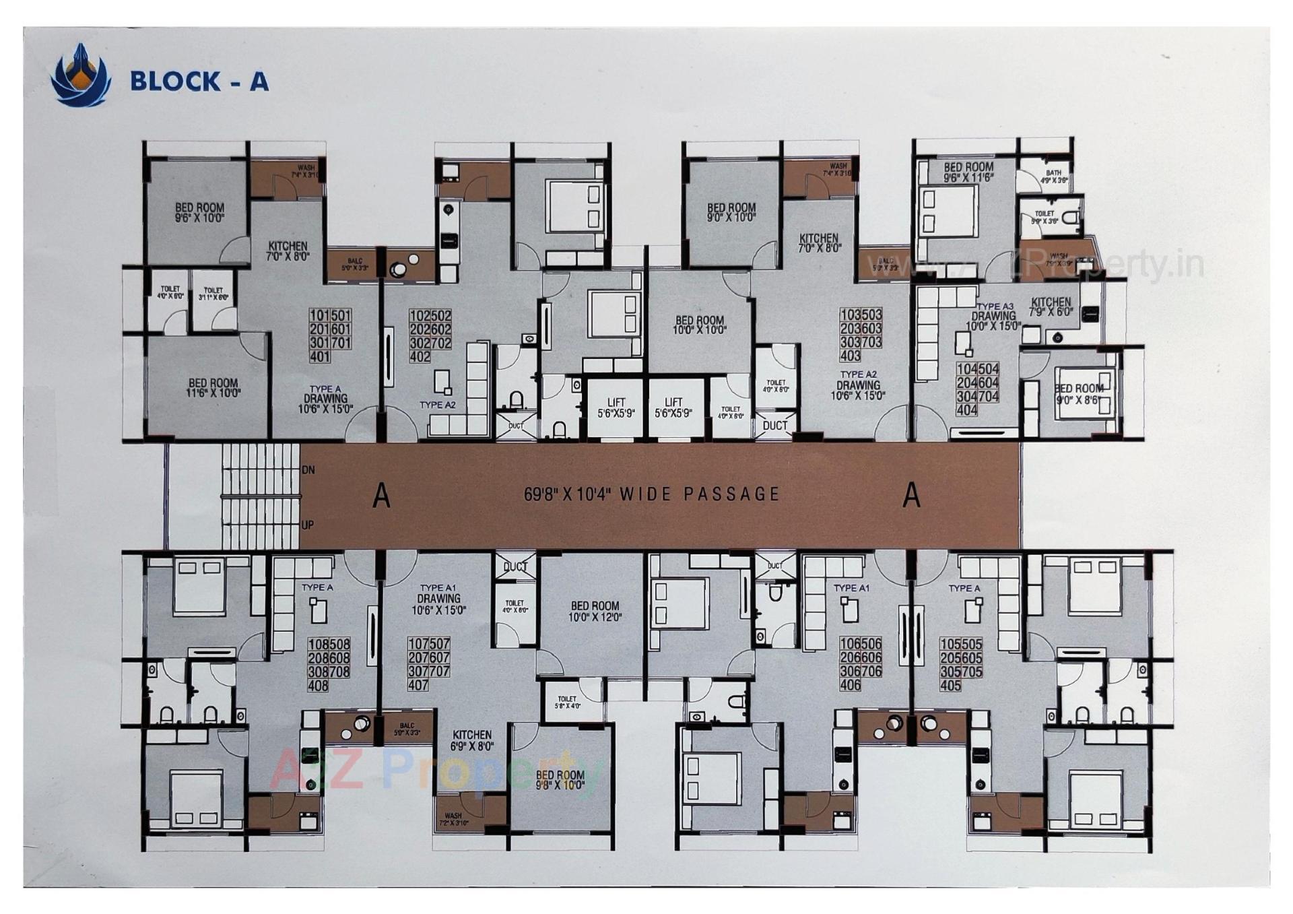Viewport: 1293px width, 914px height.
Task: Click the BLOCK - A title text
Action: click(199, 81)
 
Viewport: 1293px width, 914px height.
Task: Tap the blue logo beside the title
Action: click(80, 75)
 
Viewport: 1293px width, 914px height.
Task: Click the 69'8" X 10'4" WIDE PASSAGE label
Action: click(651, 494)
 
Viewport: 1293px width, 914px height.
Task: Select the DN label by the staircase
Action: click(308, 469)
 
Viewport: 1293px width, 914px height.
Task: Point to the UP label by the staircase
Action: click(307, 525)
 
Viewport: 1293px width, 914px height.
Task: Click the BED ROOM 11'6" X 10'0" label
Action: click(213, 389)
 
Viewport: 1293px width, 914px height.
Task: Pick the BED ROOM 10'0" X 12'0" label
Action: click(594, 611)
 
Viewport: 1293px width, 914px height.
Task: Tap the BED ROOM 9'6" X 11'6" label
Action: click(968, 172)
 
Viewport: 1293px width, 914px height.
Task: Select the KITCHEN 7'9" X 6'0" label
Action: click(1050, 307)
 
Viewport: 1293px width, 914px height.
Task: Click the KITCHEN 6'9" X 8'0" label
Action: click(472, 740)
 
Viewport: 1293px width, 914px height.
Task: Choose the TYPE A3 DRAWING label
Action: click(993, 316)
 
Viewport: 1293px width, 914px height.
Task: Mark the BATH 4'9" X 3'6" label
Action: click(1053, 176)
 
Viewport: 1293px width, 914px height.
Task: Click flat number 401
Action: click(319, 356)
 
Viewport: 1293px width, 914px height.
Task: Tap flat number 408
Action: click(318, 686)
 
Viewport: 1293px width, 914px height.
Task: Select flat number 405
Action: click(950, 686)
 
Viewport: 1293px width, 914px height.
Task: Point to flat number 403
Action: click(850, 356)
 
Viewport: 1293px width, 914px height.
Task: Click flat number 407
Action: click(418, 686)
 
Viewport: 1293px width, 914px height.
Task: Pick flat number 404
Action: click(967, 410)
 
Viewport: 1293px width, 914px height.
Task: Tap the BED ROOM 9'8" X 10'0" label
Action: click(560, 780)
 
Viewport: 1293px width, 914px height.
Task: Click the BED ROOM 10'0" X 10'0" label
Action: click(700, 325)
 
